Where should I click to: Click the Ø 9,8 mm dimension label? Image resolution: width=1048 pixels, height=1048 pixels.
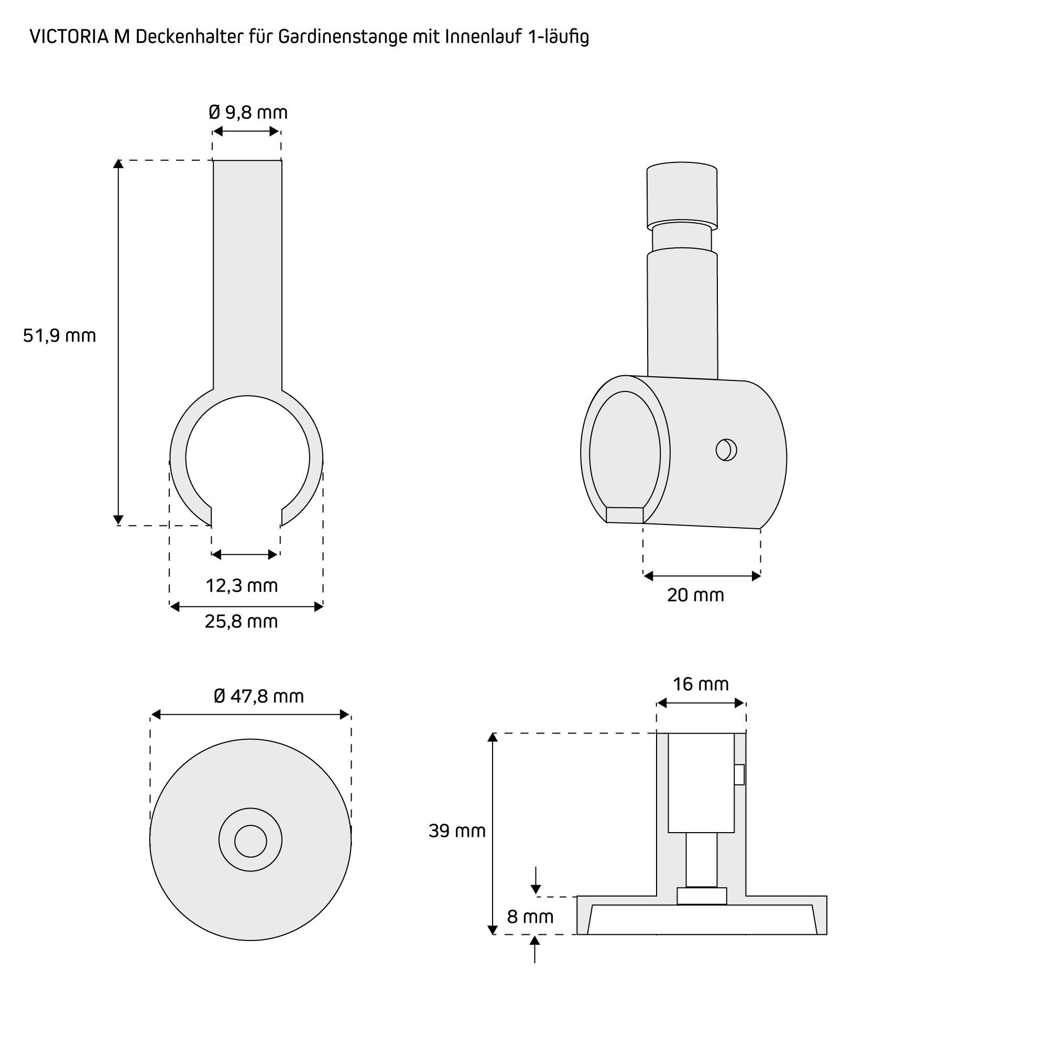tap(248, 113)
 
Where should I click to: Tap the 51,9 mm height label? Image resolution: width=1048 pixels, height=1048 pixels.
tap(59, 336)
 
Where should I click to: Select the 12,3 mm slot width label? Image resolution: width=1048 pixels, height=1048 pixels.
tap(242, 586)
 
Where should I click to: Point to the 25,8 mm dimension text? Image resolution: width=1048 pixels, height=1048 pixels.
tap(242, 621)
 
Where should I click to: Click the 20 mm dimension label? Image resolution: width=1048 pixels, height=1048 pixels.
tap(695, 596)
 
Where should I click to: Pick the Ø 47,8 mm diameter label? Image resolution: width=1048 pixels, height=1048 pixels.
tap(259, 696)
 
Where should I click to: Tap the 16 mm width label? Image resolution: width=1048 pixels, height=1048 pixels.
tap(701, 684)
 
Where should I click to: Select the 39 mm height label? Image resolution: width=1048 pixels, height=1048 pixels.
tap(457, 831)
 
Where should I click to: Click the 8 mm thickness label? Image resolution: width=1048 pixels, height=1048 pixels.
tap(530, 916)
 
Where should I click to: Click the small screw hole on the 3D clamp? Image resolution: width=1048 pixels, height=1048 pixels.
tap(726, 450)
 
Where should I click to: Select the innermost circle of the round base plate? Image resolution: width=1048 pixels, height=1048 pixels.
tap(250, 842)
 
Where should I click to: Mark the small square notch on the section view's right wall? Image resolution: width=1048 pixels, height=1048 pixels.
tap(739, 774)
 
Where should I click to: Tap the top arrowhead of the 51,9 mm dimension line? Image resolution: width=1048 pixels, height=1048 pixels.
tap(118, 163)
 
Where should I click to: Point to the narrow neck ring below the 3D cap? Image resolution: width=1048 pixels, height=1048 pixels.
tap(682, 236)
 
